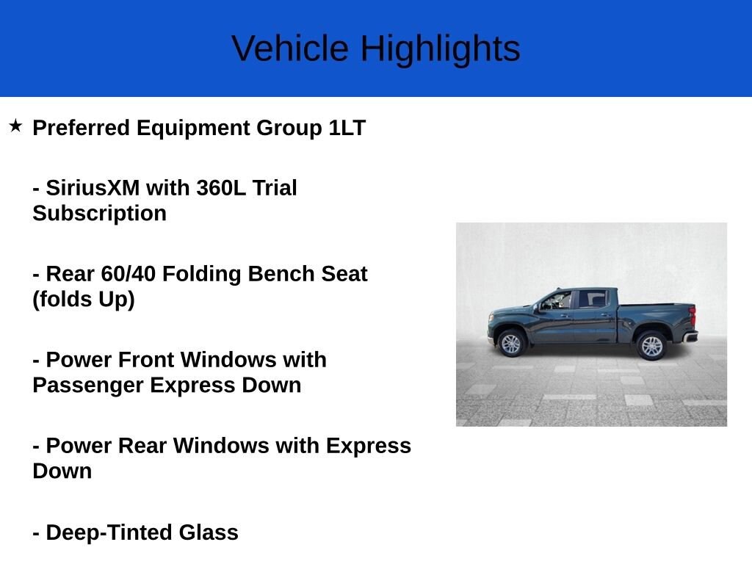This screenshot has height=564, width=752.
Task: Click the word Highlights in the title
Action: (441, 50)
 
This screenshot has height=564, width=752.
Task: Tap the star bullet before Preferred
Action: (16, 126)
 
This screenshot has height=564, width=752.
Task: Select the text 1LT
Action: (347, 128)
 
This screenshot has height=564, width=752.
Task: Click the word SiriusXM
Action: (93, 187)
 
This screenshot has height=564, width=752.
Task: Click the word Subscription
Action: (100, 214)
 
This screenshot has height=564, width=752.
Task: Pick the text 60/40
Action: (129, 274)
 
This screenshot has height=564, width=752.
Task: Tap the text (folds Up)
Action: (84, 300)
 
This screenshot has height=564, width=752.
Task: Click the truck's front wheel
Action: (511, 344)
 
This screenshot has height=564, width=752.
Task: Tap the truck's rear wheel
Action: (652, 346)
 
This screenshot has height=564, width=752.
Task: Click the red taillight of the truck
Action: (693, 316)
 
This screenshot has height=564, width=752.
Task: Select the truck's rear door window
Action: (593, 300)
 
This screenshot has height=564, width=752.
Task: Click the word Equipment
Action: (193, 128)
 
